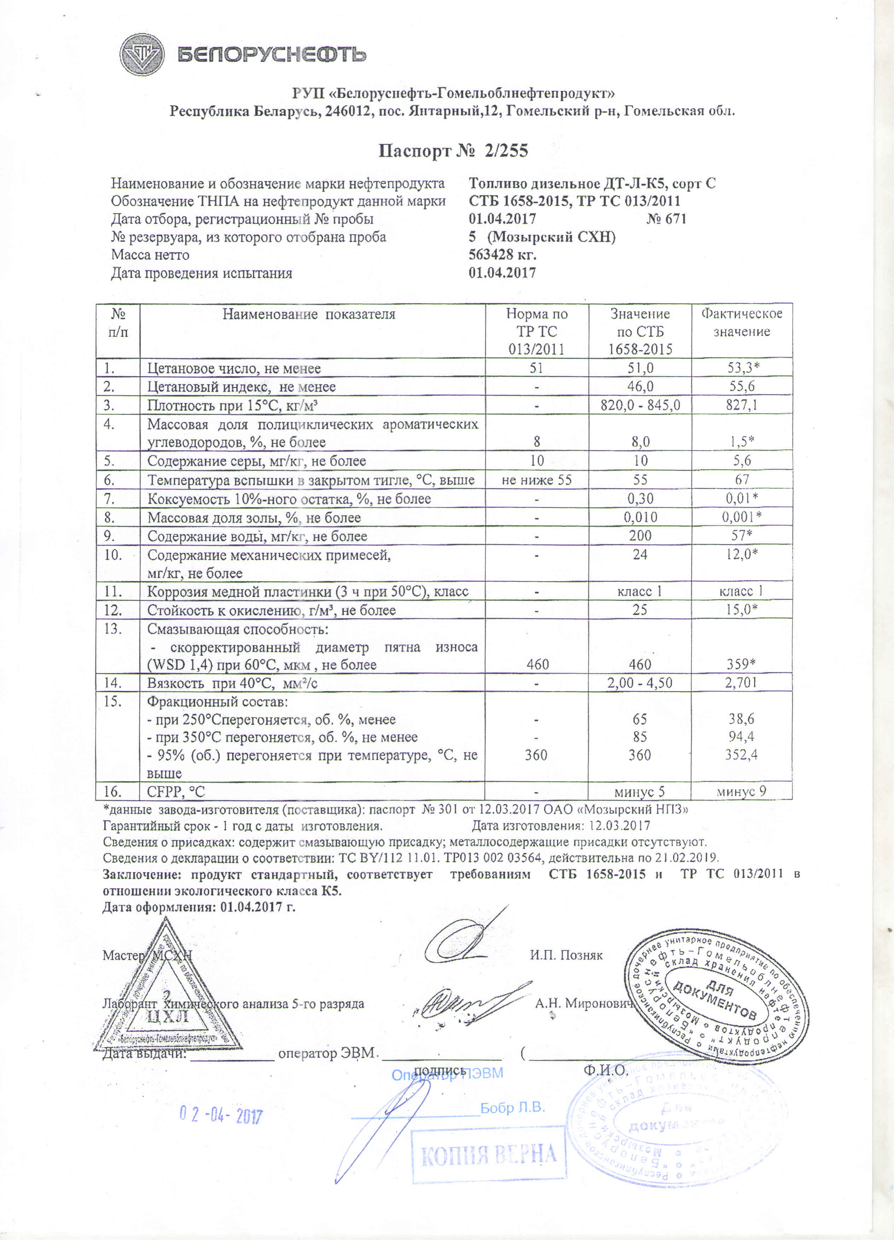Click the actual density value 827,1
click(742, 405)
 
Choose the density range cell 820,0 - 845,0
click(640, 405)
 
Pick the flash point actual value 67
click(742, 479)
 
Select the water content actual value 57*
click(742, 535)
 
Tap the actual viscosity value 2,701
click(742, 682)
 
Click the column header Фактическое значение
click(742, 322)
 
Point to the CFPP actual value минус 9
click(742, 791)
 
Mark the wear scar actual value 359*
click(742, 664)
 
